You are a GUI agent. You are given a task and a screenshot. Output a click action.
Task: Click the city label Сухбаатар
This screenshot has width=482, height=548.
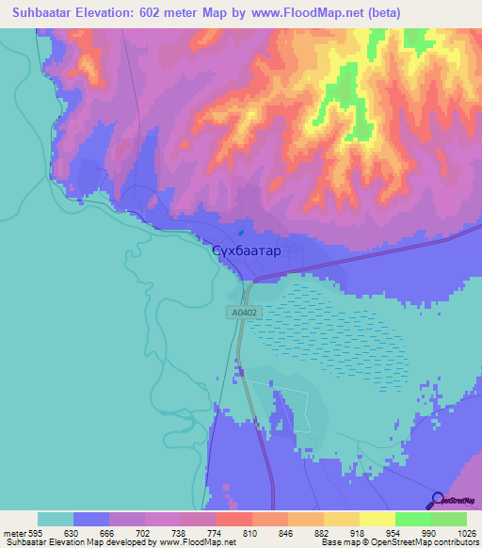246,251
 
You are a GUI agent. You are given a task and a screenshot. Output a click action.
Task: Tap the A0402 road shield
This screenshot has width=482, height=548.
242,311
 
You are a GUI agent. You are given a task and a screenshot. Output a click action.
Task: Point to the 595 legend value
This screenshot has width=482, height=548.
32,532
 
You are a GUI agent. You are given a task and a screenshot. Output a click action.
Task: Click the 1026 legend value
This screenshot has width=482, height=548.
465,532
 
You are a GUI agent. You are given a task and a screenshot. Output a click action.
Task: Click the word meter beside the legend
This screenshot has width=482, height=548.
12,532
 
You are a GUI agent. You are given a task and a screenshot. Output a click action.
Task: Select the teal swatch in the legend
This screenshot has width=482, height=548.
55,519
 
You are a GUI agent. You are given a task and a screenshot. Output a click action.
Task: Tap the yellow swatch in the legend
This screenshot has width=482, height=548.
377,519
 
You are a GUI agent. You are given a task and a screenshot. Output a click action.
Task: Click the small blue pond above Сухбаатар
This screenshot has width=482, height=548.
241,234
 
